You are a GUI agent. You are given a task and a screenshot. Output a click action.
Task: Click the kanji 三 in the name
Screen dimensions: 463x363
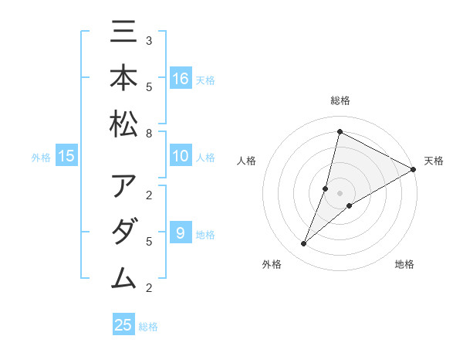[x=123, y=35]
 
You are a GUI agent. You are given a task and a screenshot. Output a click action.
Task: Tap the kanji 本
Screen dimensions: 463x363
[x=123, y=80]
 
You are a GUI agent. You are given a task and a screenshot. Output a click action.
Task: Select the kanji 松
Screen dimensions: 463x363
[x=123, y=124]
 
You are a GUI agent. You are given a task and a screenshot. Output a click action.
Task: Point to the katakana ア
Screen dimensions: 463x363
[x=123, y=188]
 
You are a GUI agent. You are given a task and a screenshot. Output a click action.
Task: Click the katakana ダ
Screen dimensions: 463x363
[x=123, y=232]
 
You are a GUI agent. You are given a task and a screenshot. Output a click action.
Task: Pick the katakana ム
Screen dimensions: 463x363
[x=123, y=277]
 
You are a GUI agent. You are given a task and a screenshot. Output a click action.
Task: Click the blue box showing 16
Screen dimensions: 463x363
[x=181, y=79]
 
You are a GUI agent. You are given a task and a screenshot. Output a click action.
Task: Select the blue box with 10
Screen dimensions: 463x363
[x=181, y=157]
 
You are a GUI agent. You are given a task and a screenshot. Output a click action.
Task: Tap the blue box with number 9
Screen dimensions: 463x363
[x=181, y=234]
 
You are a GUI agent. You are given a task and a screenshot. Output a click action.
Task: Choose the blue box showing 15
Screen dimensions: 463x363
[x=66, y=157]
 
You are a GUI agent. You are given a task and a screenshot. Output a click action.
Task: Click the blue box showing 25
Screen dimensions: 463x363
[x=123, y=325]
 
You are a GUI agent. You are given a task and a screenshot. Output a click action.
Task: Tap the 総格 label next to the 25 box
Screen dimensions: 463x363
[x=148, y=327]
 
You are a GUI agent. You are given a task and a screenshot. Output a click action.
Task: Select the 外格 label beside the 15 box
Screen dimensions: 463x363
[x=41, y=158]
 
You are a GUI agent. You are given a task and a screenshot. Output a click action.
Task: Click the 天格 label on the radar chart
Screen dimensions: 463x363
[x=434, y=161]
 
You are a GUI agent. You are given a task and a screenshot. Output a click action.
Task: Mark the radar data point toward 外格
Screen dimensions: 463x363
[x=304, y=244]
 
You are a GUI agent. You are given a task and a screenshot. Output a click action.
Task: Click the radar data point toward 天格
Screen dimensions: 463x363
[x=413, y=170]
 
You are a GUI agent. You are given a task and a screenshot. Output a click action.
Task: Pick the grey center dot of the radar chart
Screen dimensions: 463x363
[x=340, y=193]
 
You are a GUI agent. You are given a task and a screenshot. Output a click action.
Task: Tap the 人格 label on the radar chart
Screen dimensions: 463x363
[x=246, y=161]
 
